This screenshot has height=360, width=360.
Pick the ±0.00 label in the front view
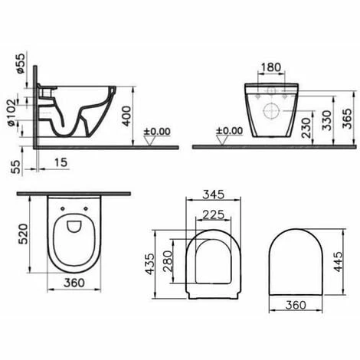pyautogui.click(x=227, y=131)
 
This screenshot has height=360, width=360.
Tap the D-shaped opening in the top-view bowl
pyautogui.click(x=74, y=227)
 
